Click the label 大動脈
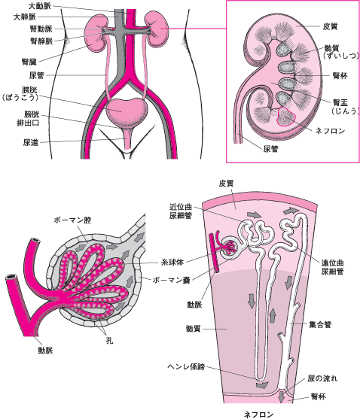click(x=40, y=6)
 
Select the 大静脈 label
click(x=25, y=17)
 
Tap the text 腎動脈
click(x=41, y=29)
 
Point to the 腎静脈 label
click(x=41, y=41)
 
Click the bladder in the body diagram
click(x=127, y=110)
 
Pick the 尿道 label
click(x=30, y=142)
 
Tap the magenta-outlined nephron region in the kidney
click(x=286, y=117)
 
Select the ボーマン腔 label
click(x=72, y=220)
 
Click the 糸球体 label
click(x=172, y=262)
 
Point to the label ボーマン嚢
click(x=172, y=280)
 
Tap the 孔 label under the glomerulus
click(x=109, y=341)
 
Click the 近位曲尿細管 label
click(x=181, y=211)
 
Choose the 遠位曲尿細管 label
click(x=332, y=267)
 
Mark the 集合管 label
click(x=320, y=325)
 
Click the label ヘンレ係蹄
click(x=186, y=366)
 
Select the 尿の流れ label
click(x=322, y=378)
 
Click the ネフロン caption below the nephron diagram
click(x=258, y=414)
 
